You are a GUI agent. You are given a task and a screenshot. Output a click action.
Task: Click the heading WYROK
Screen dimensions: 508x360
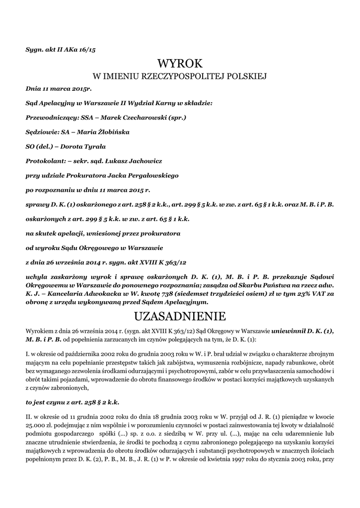(180, 64)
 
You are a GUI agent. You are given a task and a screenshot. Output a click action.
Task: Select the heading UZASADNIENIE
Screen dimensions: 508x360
(180, 316)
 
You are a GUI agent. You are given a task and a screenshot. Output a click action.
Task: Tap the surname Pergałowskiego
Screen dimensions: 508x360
(149, 175)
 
